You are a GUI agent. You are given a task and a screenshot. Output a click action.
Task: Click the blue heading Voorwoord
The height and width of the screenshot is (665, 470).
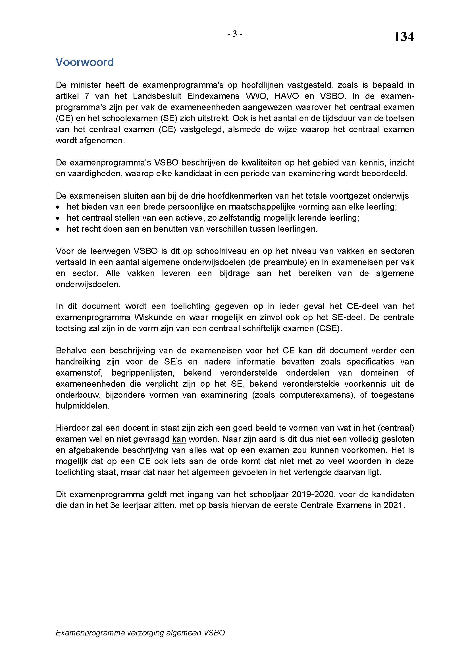(x=84, y=62)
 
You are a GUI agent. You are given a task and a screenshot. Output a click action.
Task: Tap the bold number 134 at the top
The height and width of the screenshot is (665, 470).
(x=404, y=37)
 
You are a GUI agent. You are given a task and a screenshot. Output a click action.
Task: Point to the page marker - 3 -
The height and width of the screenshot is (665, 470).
(x=235, y=34)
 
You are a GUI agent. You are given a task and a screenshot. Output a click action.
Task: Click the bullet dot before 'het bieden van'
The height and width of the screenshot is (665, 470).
(x=58, y=207)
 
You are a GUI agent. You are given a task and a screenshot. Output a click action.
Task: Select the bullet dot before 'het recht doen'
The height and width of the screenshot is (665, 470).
(x=58, y=229)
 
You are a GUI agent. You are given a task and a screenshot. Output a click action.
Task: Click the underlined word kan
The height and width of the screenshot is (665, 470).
(x=179, y=439)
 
